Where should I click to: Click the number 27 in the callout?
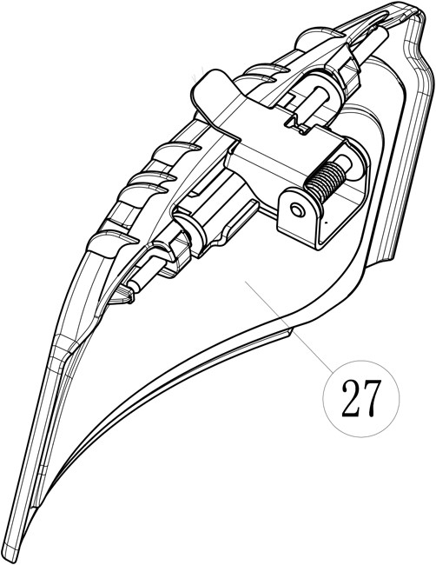click(360, 398)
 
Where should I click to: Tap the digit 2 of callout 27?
click(351, 398)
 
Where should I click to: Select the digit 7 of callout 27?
click(371, 399)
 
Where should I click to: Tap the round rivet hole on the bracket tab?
click(297, 211)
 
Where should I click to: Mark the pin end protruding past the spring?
click(346, 163)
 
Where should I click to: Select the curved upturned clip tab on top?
click(215, 95)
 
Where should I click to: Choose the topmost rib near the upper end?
click(318, 37)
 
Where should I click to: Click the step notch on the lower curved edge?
click(289, 332)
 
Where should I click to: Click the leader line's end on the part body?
click(246, 282)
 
